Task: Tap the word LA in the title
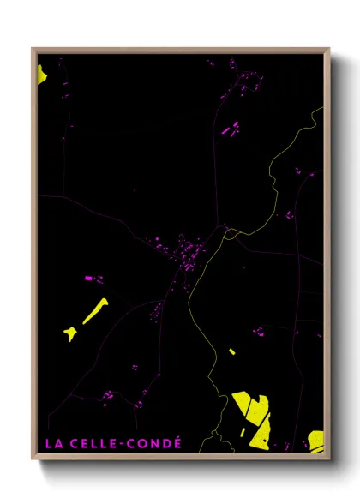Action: pyautogui.click(x=53, y=444)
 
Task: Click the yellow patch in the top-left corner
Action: pyautogui.click(x=41, y=74)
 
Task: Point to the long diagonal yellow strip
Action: pyautogui.click(x=95, y=311)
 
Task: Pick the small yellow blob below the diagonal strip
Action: pyautogui.click(x=69, y=333)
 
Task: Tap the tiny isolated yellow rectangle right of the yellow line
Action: pyautogui.click(x=231, y=351)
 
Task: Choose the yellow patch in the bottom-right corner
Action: pyautogui.click(x=316, y=440)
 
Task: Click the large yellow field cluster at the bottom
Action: pyautogui.click(x=253, y=416)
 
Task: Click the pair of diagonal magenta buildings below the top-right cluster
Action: pyautogui.click(x=231, y=129)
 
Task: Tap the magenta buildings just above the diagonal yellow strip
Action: pyautogui.click(x=93, y=279)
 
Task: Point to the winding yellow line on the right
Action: pyautogui.click(x=283, y=171)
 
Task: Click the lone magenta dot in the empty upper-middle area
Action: pyautogui.click(x=134, y=189)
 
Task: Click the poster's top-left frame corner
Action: pyautogui.click(x=33, y=50)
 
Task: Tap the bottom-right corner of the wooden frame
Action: pyautogui.click(x=328, y=457)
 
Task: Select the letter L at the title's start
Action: pyautogui.click(x=48, y=444)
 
